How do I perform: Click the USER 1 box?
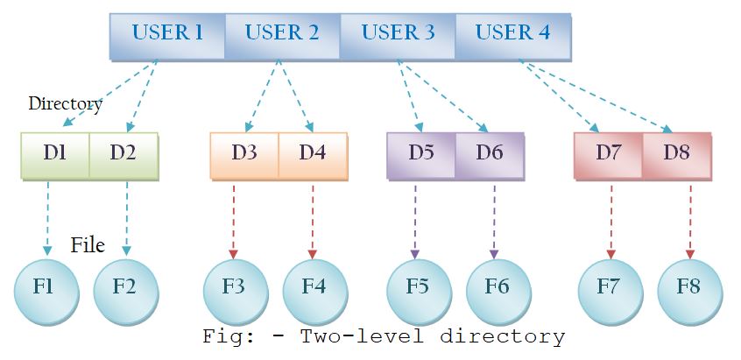pyautogui.click(x=167, y=35)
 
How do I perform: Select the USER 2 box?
pyautogui.click(x=282, y=35)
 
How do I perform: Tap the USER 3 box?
pyautogui.click(x=398, y=35)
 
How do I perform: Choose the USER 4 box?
pyautogui.click(x=513, y=35)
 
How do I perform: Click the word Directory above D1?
pyautogui.click(x=65, y=103)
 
